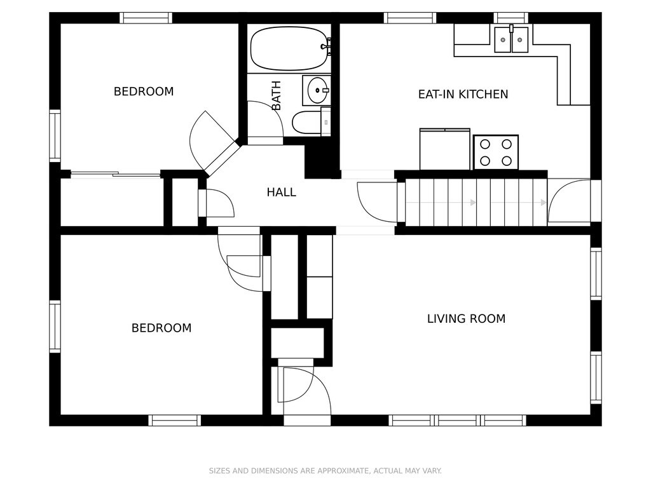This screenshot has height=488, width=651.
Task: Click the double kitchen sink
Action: click(x=511, y=39)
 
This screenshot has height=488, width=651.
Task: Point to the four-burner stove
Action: click(x=496, y=152)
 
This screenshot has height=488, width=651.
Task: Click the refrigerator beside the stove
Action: click(x=444, y=149)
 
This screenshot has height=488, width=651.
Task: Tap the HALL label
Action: click(x=282, y=192)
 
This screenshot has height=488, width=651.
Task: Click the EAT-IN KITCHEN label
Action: click(x=463, y=94)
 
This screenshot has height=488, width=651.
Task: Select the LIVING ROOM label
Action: click(x=466, y=319)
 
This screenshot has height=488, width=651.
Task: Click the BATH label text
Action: click(x=276, y=95)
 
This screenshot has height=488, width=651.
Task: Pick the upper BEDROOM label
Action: click(x=144, y=91)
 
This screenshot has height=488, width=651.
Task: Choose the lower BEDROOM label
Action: click(x=161, y=328)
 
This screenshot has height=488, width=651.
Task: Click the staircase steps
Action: click(x=476, y=203)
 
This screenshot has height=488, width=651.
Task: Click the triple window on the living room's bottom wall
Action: click(x=458, y=421)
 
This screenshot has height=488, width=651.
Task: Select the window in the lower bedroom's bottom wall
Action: click(x=175, y=421)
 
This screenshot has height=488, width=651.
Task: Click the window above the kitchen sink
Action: click(x=511, y=18)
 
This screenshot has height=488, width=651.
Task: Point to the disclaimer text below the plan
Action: click(x=325, y=471)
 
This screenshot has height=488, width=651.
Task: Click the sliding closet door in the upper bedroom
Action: click(x=116, y=174)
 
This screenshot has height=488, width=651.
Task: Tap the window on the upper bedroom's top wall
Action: click(x=146, y=18)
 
